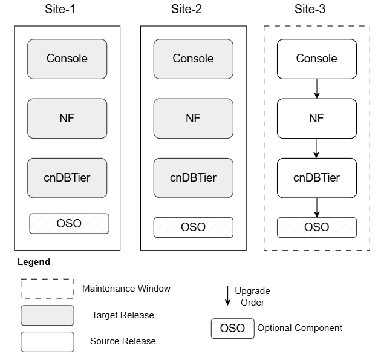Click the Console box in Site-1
(x=67, y=59)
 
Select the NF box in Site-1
(x=67, y=118)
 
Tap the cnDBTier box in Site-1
(x=67, y=178)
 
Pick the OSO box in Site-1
(x=70, y=223)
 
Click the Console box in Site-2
(x=193, y=59)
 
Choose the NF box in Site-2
(x=193, y=118)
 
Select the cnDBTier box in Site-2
(x=193, y=178)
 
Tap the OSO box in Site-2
(x=193, y=227)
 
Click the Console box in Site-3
(x=316, y=59)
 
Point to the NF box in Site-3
(x=316, y=118)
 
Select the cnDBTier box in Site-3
(x=316, y=178)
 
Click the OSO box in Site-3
(x=316, y=227)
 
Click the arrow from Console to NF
(x=316, y=88)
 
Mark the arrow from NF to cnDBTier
(x=316, y=148)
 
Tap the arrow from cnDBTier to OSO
(x=316, y=208)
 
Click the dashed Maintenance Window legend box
(x=47, y=289)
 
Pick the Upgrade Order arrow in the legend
(x=227, y=295)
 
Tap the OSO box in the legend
(x=232, y=329)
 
